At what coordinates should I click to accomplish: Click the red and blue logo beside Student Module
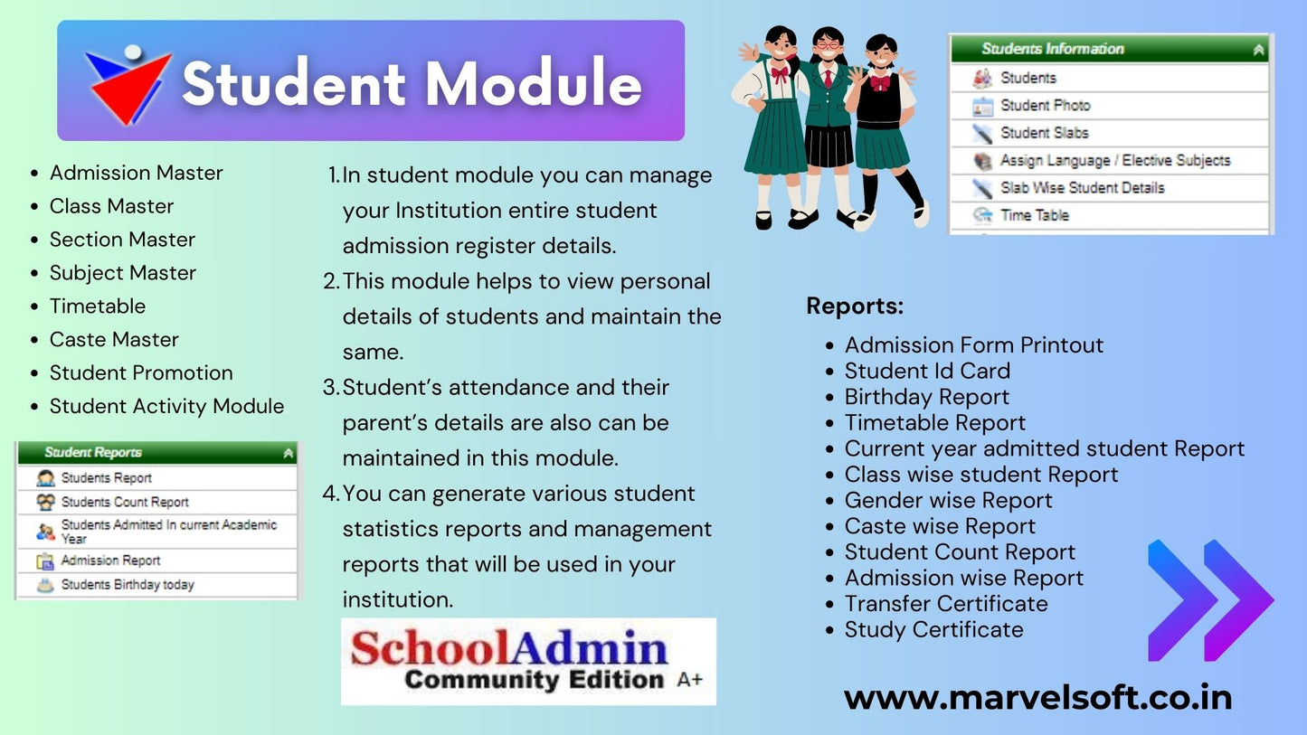[128, 83]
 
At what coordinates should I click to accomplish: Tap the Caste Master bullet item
[114, 339]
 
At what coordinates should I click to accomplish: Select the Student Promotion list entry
[141, 372]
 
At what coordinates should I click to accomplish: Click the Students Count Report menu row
[125, 502]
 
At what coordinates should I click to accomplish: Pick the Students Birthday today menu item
[128, 585]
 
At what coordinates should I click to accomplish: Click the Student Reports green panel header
[156, 452]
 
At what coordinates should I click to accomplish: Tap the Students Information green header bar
[1109, 49]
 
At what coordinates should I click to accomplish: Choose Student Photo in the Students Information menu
[1045, 106]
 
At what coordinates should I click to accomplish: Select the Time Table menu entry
[1034, 215]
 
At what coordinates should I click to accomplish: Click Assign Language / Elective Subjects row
[1114, 161]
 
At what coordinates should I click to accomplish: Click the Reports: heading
[855, 306]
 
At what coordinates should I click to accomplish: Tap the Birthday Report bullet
[926, 397]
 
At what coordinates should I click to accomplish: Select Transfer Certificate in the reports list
[946, 604]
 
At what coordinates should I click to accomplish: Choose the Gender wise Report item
[948, 500]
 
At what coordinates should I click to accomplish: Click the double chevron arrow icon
[1209, 599]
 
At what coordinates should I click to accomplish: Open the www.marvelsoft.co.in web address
[1037, 697]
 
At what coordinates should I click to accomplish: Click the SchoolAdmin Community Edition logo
[528, 661]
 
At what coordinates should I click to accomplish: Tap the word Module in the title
[534, 84]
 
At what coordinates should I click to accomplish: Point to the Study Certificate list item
[933, 629]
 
